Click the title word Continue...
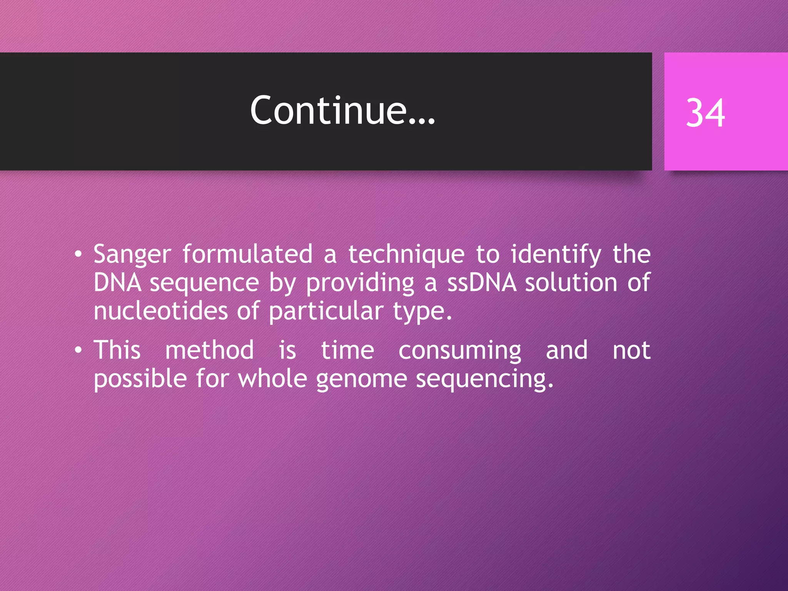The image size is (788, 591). click(342, 110)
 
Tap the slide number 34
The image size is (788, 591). click(705, 113)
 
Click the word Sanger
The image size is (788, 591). click(132, 255)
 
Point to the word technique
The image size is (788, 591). click(406, 255)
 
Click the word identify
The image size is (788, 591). click(556, 255)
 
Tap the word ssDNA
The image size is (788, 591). click(481, 283)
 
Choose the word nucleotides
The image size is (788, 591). click(160, 311)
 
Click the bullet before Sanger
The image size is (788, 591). click(78, 254)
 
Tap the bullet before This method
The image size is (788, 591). click(78, 350)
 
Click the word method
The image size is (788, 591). click(209, 350)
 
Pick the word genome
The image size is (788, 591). click(361, 379)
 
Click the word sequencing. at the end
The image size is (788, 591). click(485, 379)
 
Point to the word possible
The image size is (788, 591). click(140, 379)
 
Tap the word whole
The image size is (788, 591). click(272, 379)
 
